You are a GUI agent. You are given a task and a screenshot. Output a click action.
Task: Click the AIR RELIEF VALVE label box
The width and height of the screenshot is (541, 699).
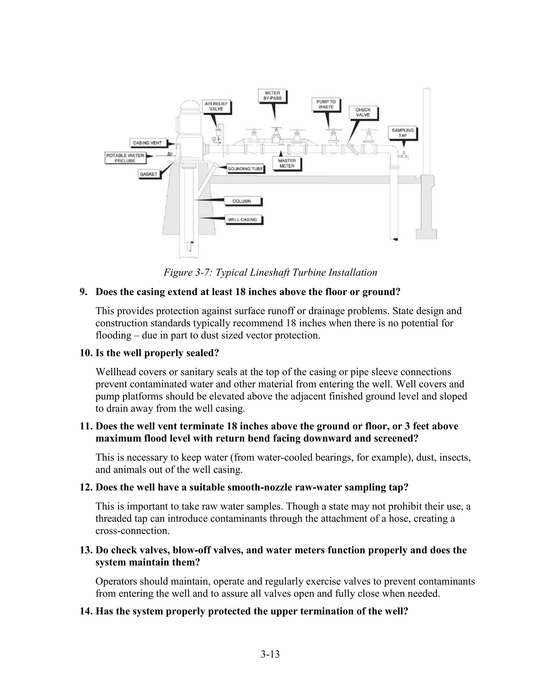point(216,106)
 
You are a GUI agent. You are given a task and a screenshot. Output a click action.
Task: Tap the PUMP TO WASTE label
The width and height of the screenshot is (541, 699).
point(326,104)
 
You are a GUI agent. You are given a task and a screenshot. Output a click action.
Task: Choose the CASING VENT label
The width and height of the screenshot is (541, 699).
point(147,143)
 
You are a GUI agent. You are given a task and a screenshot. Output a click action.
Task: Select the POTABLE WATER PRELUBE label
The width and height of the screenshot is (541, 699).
point(125,158)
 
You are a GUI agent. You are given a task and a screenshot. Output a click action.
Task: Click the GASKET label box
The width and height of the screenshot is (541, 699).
point(148,174)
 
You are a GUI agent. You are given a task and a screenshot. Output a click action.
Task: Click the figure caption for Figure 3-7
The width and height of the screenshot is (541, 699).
point(270,273)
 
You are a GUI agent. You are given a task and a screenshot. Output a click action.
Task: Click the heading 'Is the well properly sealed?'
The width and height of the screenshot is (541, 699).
point(157,353)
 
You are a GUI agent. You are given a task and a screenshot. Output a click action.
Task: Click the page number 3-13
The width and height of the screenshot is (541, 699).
point(270,654)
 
